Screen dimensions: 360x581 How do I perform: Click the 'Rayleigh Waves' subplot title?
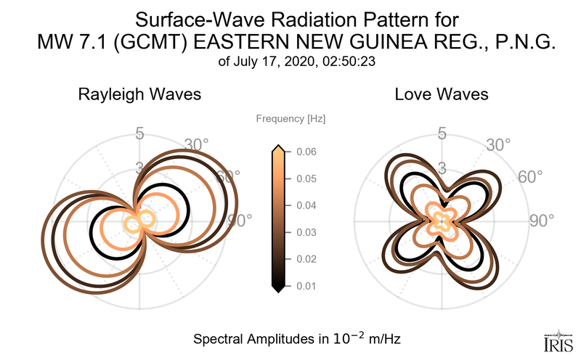pos(139,95)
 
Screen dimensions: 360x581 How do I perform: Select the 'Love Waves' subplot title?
pos(441,95)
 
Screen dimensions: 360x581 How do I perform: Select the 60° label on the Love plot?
pos(530,178)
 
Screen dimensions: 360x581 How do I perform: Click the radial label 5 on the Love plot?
pos(441,134)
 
